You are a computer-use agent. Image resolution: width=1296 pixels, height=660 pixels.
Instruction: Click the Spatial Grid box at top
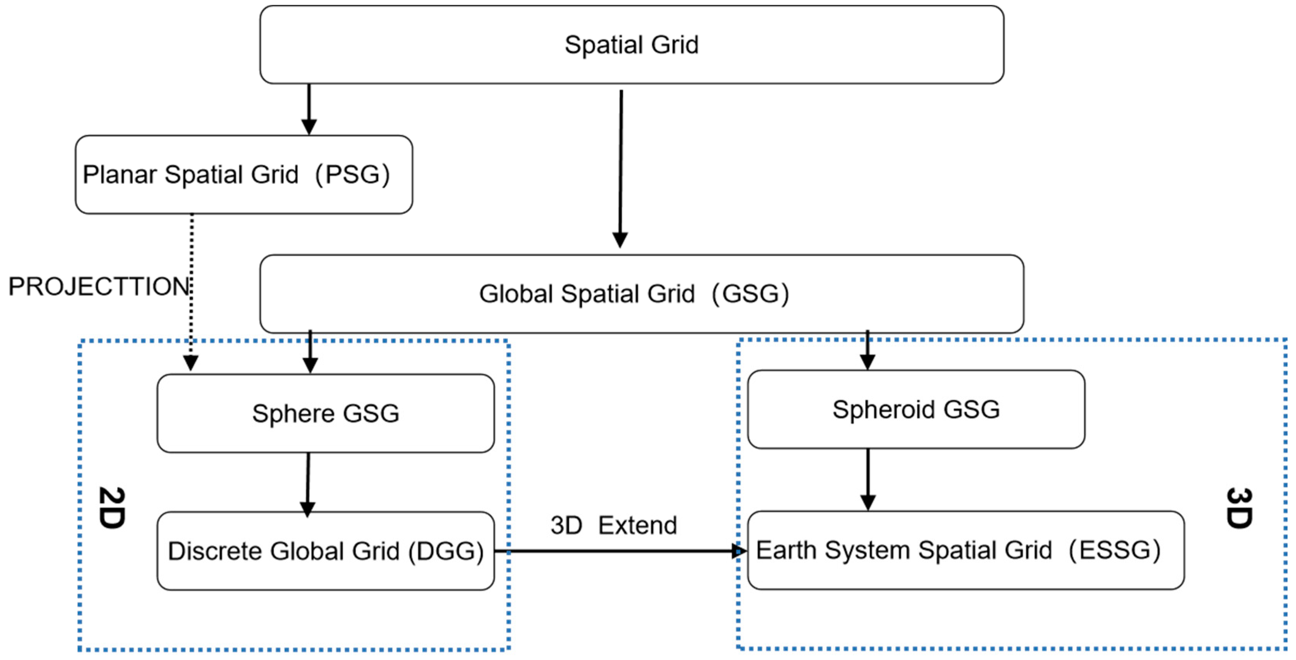(x=631, y=45)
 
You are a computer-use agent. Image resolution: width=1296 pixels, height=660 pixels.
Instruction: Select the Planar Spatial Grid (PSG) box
(x=244, y=174)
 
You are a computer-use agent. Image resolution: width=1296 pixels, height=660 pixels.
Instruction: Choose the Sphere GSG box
(x=325, y=413)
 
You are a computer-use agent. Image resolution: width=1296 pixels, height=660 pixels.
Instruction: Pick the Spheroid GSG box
(x=915, y=409)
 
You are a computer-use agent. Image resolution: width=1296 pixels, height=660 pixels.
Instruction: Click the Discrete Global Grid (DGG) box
(x=325, y=551)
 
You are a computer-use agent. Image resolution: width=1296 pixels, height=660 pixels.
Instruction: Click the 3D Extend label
(x=613, y=525)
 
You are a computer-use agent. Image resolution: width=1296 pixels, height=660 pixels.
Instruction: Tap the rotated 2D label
(x=111, y=507)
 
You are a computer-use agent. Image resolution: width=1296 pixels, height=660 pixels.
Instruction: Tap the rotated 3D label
(x=1238, y=508)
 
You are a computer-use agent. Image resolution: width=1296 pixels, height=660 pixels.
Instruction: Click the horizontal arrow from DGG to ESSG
(x=619, y=551)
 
